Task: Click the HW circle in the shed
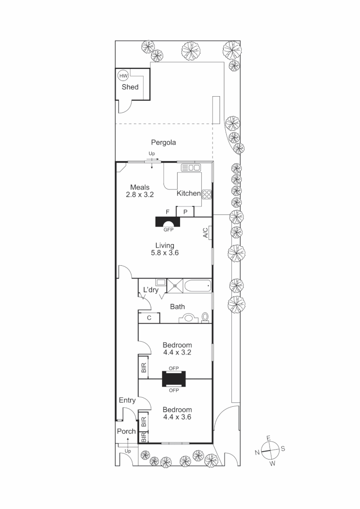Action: click(123, 76)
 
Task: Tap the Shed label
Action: click(130, 87)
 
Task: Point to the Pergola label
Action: click(163, 142)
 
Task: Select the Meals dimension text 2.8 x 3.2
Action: click(140, 194)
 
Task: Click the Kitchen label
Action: click(188, 193)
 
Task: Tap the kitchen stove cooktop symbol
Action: click(207, 194)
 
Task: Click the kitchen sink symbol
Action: click(191, 167)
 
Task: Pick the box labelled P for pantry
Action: click(186, 212)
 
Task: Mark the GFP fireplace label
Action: click(168, 230)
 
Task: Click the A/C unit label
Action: click(205, 233)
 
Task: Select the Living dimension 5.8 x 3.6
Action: click(165, 253)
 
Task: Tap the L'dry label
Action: click(151, 290)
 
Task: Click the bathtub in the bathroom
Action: click(197, 285)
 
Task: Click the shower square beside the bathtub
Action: click(175, 285)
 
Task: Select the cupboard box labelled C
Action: click(149, 318)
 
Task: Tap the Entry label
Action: click(127, 401)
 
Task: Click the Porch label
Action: click(126, 431)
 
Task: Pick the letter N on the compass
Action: click(257, 452)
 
